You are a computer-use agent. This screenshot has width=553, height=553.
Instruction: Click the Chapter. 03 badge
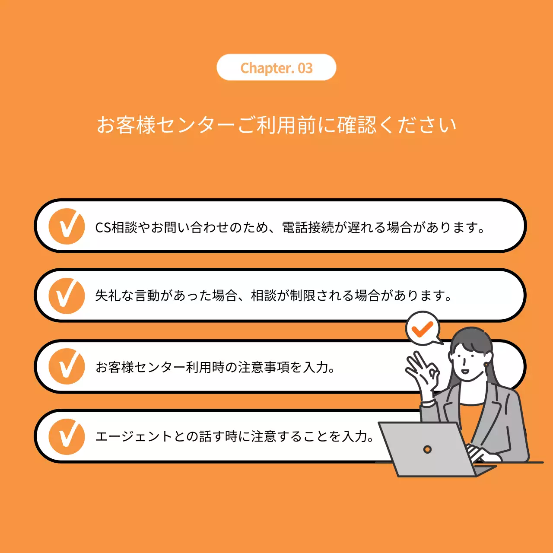pos(276,67)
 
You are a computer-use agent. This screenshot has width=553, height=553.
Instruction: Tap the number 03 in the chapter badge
pos(305,68)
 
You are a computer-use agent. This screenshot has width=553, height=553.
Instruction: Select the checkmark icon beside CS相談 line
pos(67,226)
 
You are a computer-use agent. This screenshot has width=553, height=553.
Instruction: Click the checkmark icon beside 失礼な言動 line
pos(67,296)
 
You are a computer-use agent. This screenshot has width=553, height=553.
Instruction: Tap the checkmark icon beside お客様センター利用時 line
pos(67,366)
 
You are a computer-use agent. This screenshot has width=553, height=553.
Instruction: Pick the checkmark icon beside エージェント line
pos(67,436)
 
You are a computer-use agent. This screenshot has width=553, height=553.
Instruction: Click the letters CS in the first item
pos(103,227)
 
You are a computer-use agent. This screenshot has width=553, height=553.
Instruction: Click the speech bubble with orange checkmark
pos(423,328)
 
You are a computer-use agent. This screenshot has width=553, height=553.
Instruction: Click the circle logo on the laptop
pos(427,449)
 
